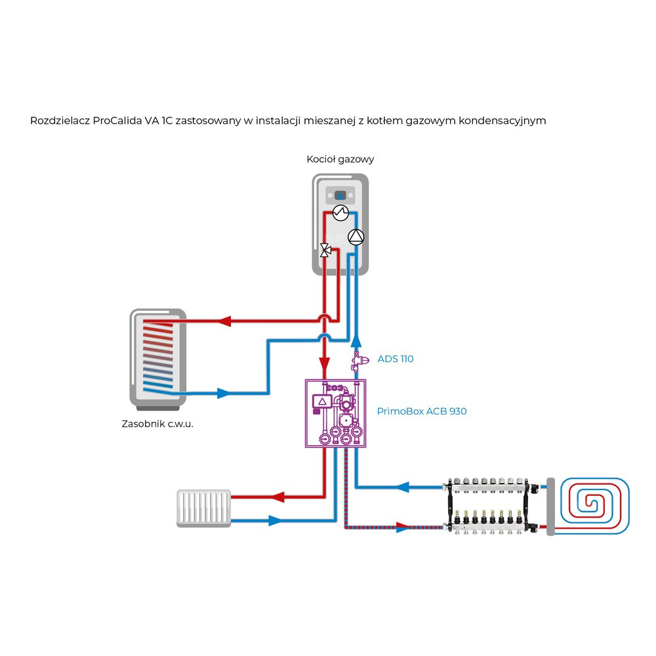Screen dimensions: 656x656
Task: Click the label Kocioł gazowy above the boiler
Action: [340, 159]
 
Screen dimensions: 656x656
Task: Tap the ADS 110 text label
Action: [396, 359]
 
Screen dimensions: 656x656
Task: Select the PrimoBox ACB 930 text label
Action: [421, 411]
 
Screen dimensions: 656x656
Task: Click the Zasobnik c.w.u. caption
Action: [162, 424]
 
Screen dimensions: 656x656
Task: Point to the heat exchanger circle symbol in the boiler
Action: [340, 213]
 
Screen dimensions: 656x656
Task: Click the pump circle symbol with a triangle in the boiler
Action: [355, 237]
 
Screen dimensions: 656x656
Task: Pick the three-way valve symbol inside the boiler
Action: [325, 250]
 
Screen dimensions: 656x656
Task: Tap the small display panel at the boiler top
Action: [340, 195]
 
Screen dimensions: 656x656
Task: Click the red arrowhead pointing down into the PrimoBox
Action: [324, 363]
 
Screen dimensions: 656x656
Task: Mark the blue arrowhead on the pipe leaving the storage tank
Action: [224, 394]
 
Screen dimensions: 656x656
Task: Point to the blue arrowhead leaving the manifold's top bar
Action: [403, 487]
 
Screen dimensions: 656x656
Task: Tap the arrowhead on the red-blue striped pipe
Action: [401, 526]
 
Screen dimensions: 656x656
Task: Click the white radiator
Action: [204, 508]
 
